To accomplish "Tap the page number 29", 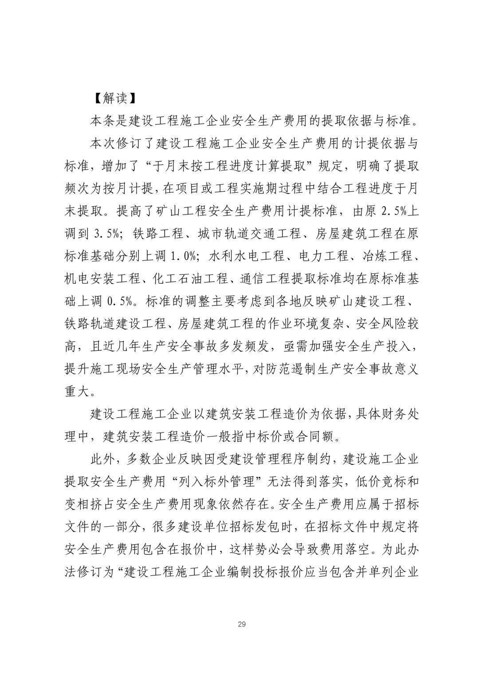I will (x=242, y=624).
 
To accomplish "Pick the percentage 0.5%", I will (x=119, y=301).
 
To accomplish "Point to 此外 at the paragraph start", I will (x=102, y=459).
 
